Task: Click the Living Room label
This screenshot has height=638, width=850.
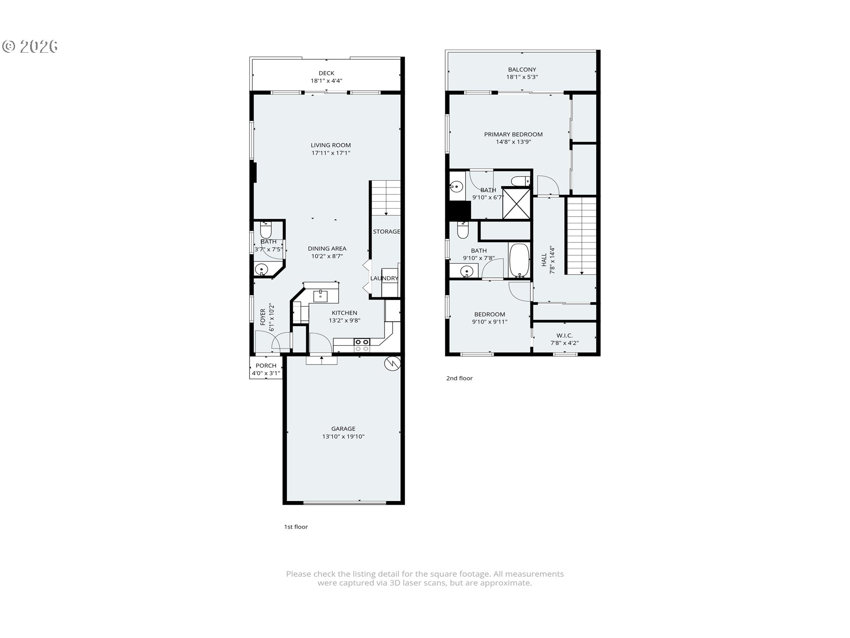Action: coord(330,145)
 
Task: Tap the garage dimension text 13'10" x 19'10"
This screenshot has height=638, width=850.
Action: coord(343,436)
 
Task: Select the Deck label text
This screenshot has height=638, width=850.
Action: coord(326,73)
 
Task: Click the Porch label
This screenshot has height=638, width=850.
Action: coord(266,366)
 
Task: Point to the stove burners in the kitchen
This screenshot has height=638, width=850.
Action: coord(362,345)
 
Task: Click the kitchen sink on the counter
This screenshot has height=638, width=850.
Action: coord(320,296)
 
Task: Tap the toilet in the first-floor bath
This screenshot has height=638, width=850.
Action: coord(266,231)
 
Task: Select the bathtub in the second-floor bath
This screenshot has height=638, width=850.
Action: coord(519,261)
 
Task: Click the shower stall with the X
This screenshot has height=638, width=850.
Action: coord(516,203)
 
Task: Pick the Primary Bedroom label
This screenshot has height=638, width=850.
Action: coord(513,134)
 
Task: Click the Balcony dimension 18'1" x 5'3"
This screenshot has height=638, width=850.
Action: coord(522,77)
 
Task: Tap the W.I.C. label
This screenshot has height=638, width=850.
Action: coord(564,335)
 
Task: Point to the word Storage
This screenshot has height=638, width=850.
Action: coord(386,232)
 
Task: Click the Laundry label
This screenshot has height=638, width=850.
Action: coord(384,278)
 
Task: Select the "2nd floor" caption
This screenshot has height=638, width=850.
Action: coord(459,378)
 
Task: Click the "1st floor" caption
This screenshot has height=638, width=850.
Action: coord(296,527)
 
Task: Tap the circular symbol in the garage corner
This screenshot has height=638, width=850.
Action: coord(392,363)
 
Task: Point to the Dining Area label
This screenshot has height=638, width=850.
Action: coord(327,249)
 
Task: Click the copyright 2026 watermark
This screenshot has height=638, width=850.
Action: coord(30,47)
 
